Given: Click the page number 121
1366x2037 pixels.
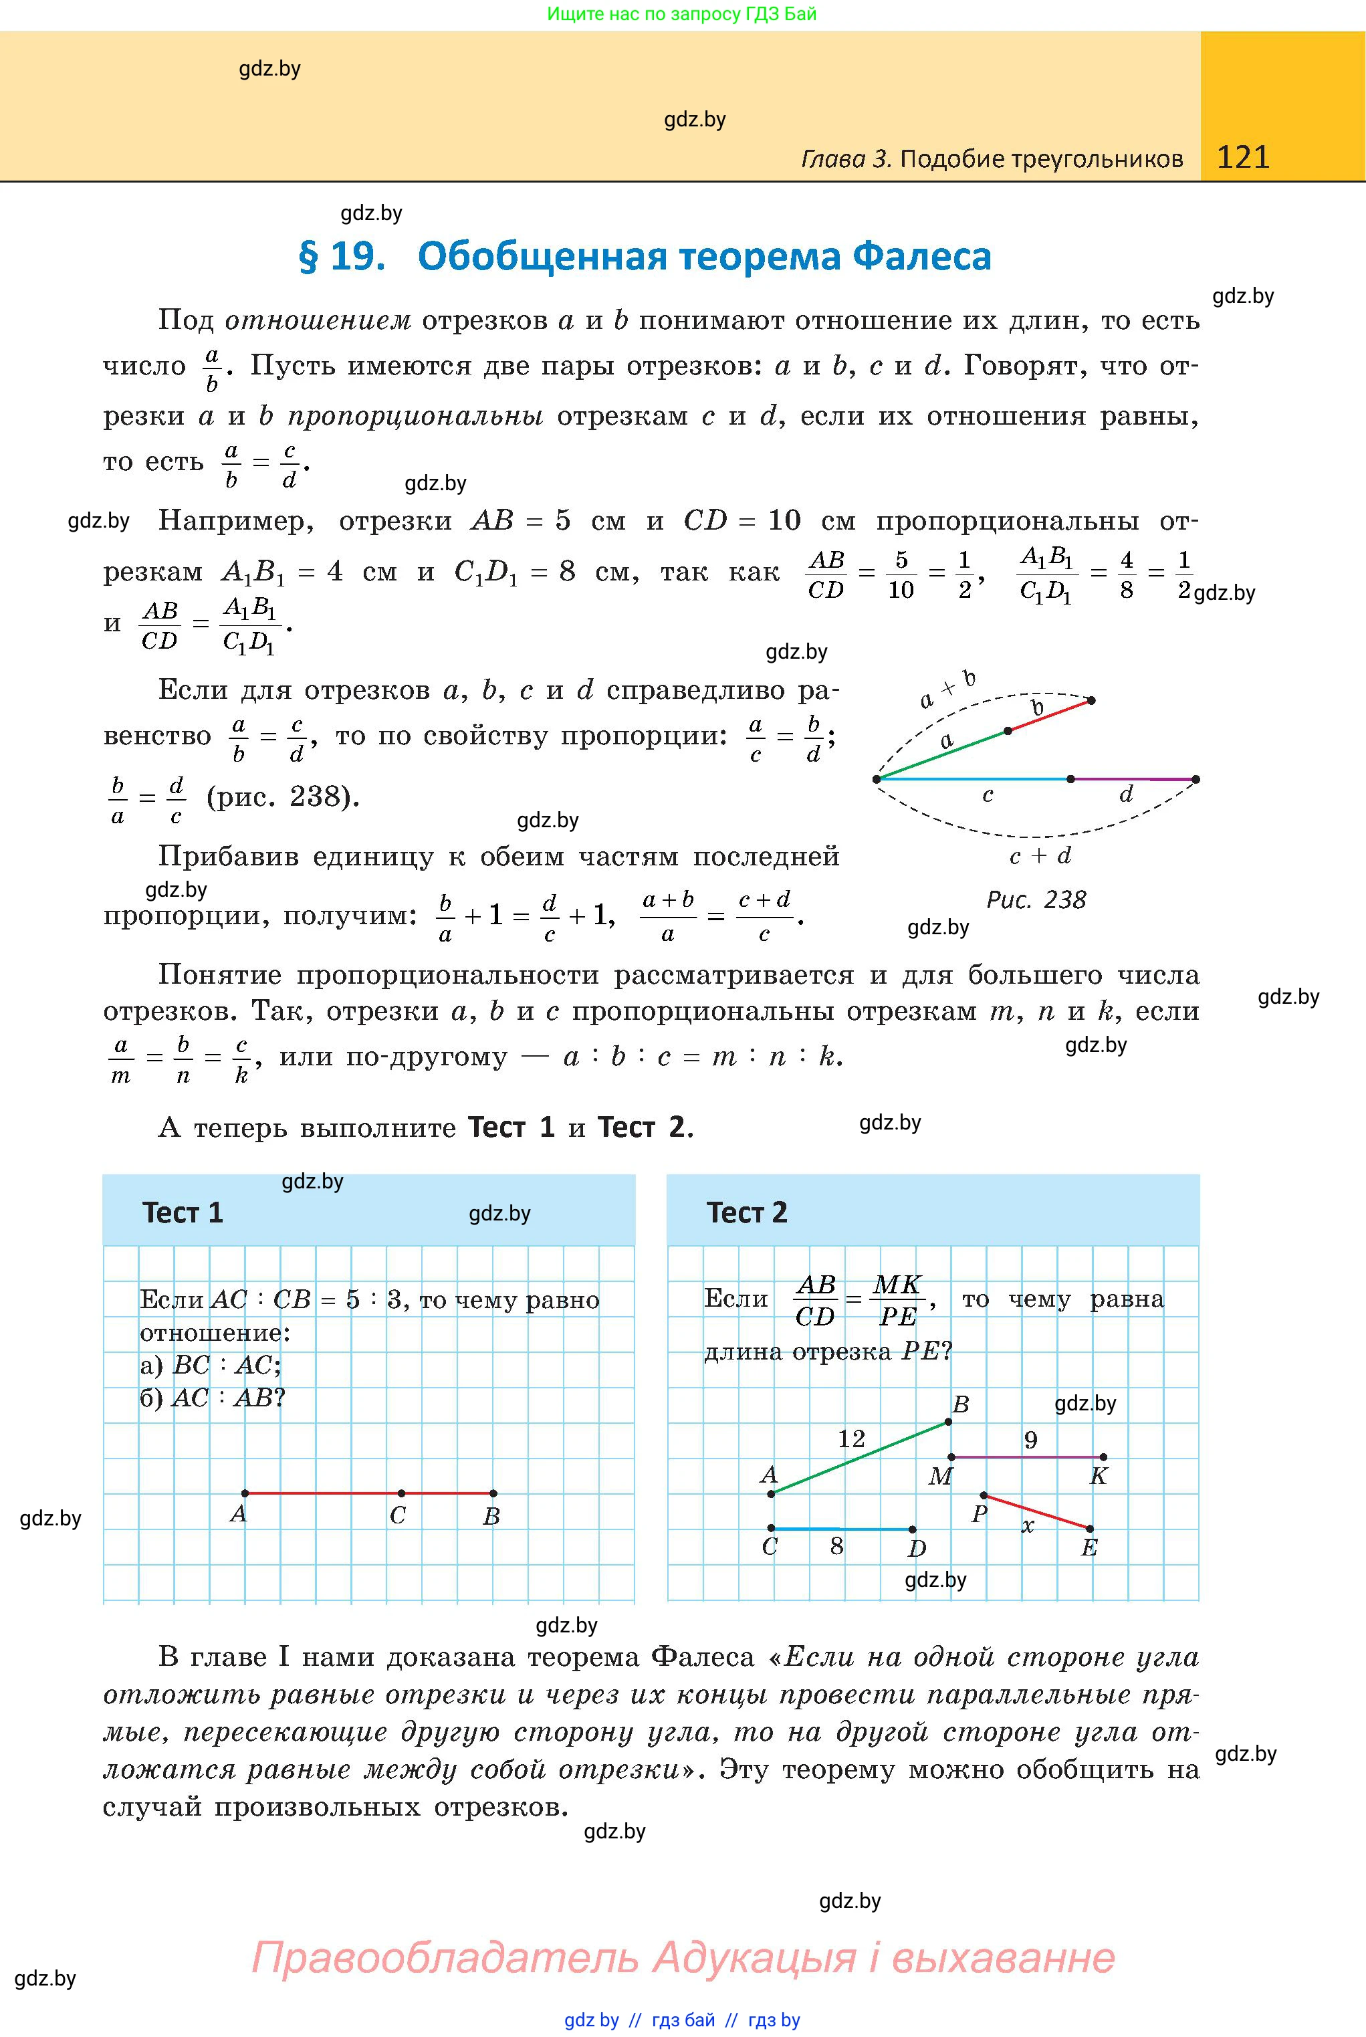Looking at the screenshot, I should (1242, 157).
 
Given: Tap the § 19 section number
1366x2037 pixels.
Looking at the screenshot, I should (342, 256).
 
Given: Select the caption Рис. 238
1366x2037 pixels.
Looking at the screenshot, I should (1036, 900).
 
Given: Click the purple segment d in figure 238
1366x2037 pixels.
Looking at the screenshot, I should (1133, 779).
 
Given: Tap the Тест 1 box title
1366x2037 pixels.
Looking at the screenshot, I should (183, 1213).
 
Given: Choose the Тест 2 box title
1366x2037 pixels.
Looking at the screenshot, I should (747, 1213).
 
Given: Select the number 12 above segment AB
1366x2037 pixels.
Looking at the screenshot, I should (851, 1439).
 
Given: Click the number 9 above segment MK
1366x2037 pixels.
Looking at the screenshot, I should (1030, 1440).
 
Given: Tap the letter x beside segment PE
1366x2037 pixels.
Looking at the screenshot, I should (1028, 1525).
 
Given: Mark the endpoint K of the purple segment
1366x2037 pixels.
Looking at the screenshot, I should (1104, 1457).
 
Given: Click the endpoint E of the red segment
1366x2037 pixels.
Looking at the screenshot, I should (1090, 1528).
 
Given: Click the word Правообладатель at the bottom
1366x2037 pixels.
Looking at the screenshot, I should (444, 1957).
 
